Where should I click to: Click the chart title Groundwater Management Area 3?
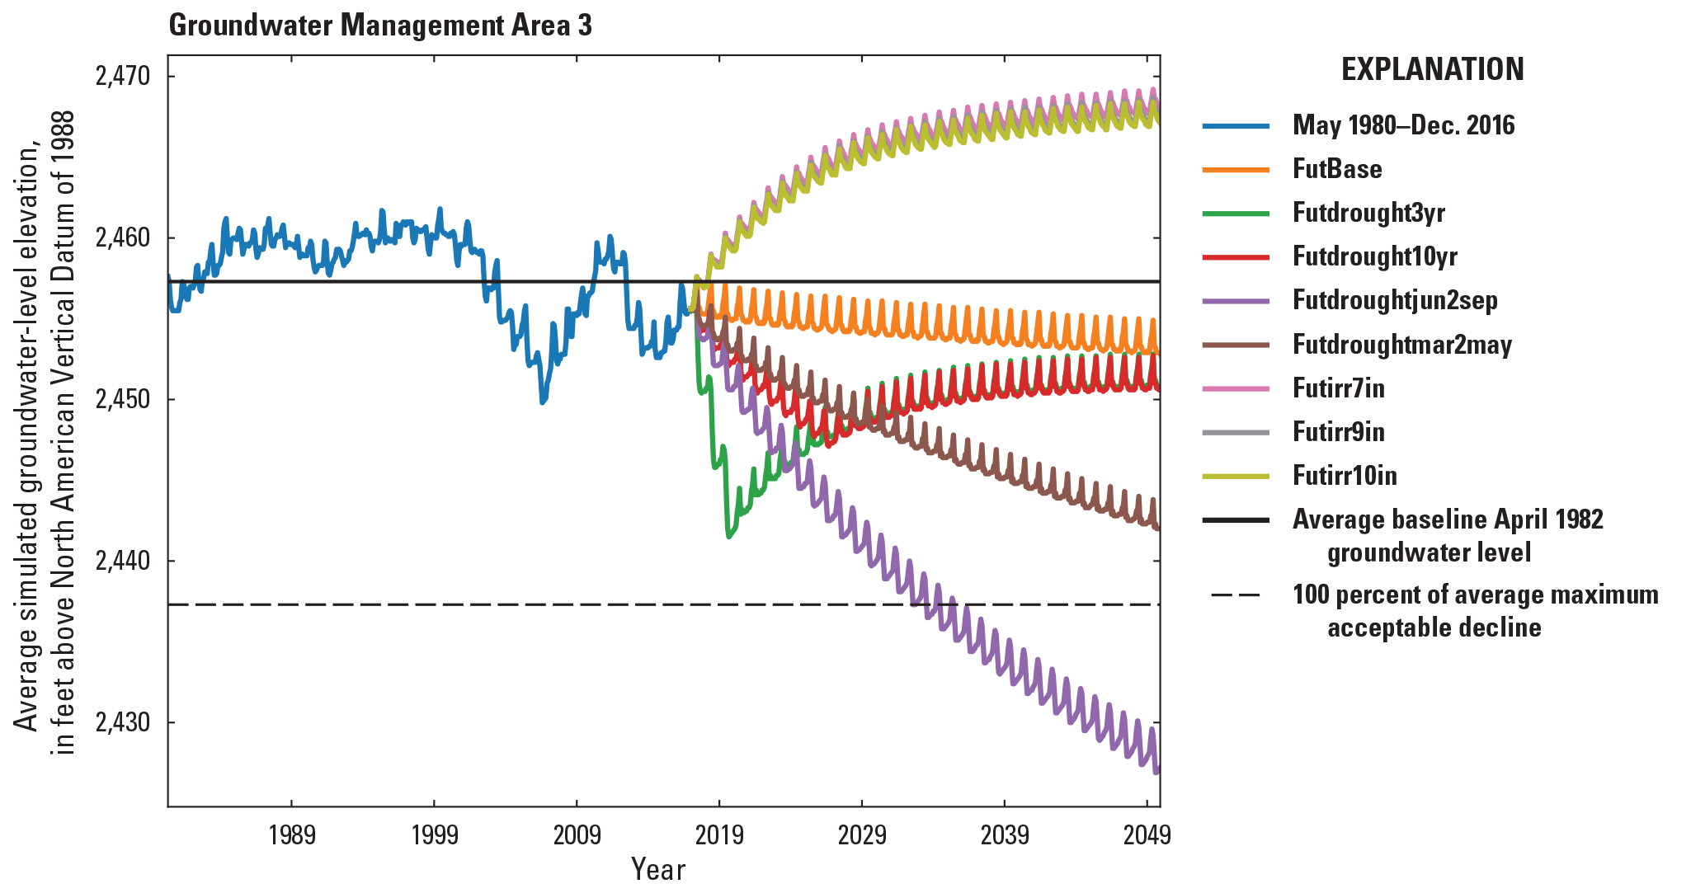(x=380, y=26)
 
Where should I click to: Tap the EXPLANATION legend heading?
(x=1432, y=69)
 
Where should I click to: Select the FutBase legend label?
(x=1336, y=169)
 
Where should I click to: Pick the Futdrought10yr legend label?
(x=1374, y=256)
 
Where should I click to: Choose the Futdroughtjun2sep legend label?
(x=1394, y=300)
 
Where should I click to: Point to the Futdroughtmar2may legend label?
(x=1401, y=345)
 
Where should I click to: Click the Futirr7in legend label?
(x=1338, y=388)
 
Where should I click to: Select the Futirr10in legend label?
(x=1345, y=476)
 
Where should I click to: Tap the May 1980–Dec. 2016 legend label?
(x=1403, y=125)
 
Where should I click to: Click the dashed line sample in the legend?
(x=1235, y=595)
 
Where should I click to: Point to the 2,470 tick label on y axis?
(x=123, y=77)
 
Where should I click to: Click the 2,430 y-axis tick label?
(x=123, y=722)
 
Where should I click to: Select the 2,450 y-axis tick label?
(x=123, y=400)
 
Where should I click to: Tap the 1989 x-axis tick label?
(x=292, y=835)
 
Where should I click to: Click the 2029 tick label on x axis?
(x=862, y=835)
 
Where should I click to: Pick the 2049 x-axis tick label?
(x=1147, y=835)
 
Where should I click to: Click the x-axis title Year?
(x=657, y=869)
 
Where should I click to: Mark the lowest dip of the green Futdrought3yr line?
(x=728, y=536)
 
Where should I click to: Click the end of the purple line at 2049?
(x=1156, y=771)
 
